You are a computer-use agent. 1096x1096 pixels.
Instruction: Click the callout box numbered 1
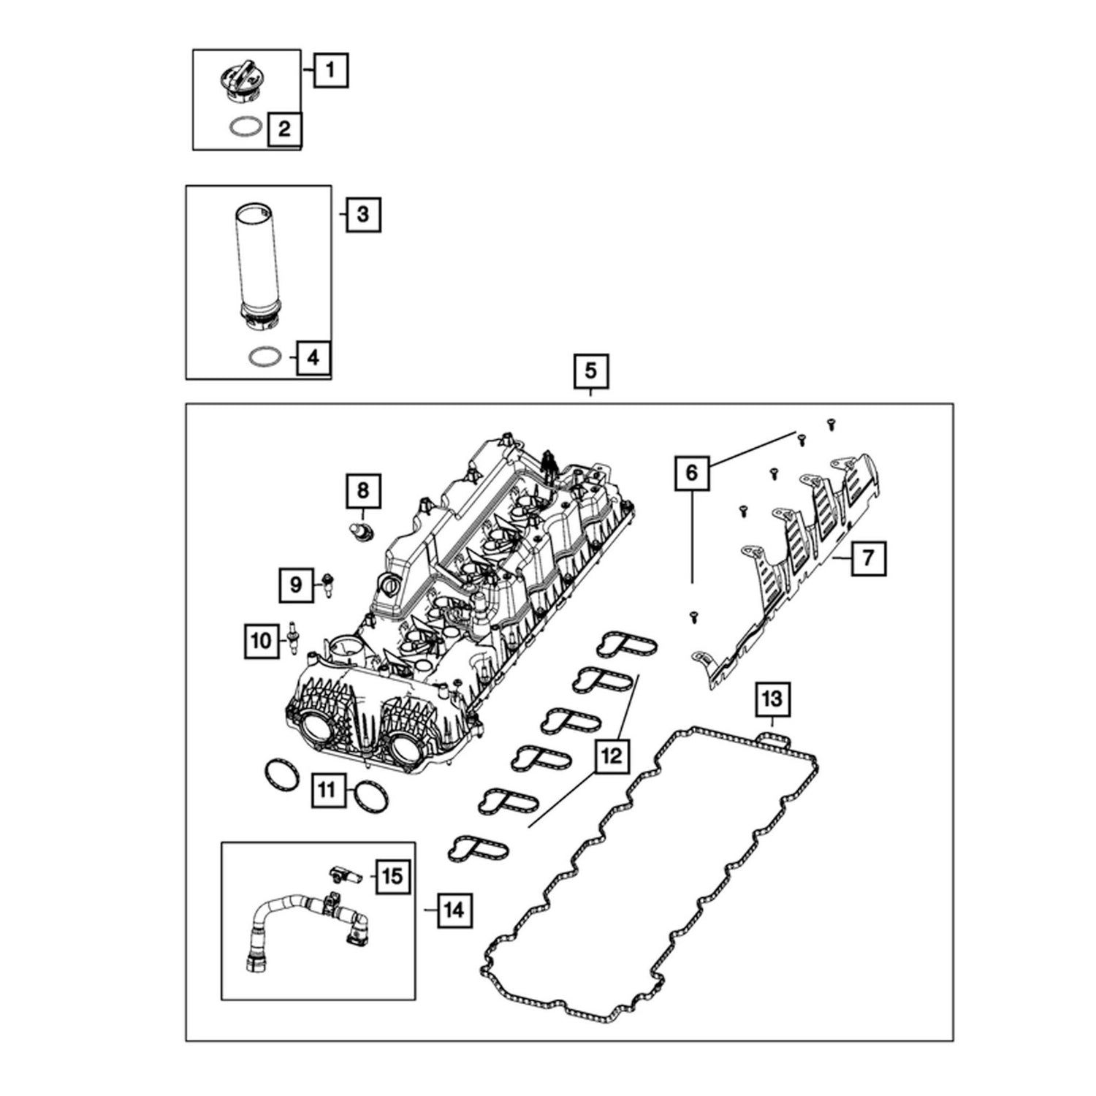331,71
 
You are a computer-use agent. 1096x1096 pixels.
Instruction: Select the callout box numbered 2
284,130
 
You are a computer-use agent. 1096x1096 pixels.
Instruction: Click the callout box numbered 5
590,371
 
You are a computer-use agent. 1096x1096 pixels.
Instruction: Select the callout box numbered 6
691,473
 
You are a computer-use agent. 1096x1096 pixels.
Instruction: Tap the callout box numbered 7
867,559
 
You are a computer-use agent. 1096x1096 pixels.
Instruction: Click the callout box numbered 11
327,789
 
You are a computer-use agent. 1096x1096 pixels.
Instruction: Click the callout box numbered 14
454,910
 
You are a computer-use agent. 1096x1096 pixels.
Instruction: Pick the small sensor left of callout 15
341,875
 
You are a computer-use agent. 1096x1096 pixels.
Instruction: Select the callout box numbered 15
393,875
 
